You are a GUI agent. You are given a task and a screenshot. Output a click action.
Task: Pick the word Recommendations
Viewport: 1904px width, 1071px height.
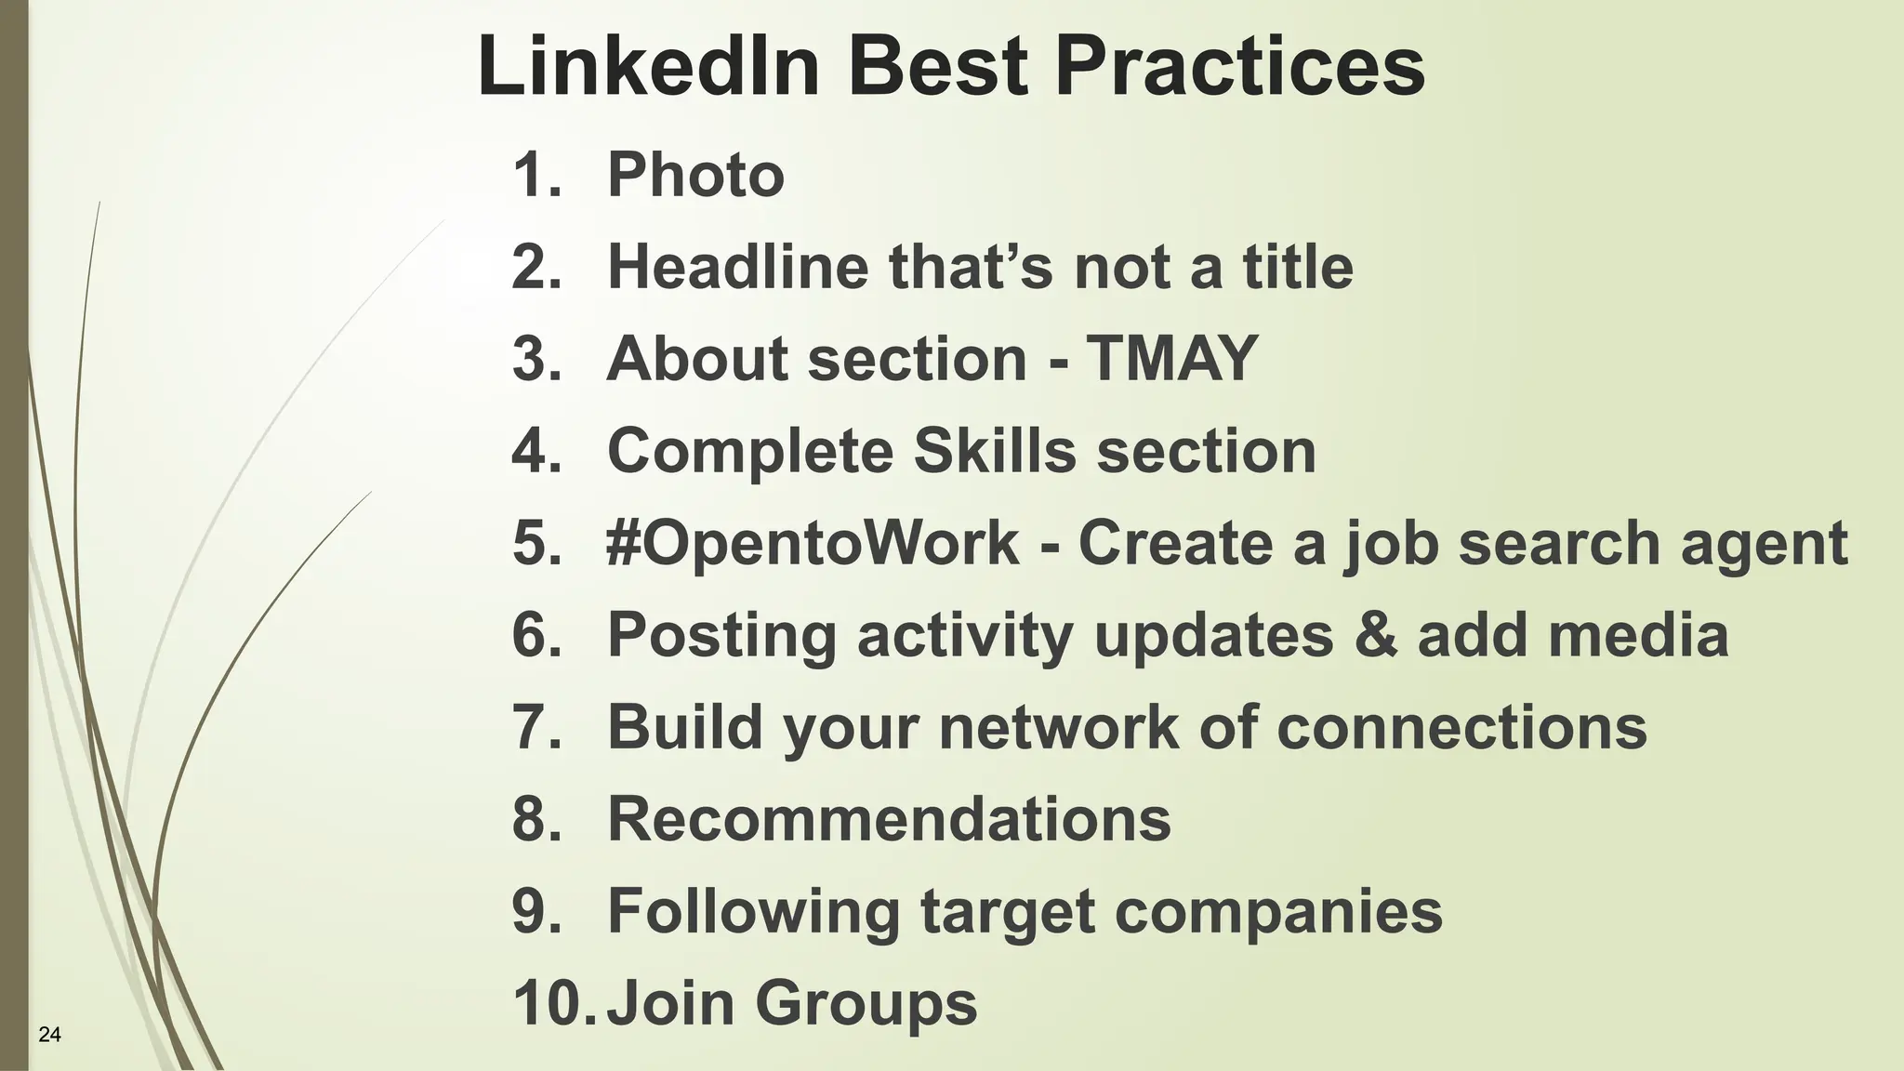(x=889, y=818)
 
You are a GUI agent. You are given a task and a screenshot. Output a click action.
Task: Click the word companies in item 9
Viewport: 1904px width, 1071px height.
(x=1278, y=911)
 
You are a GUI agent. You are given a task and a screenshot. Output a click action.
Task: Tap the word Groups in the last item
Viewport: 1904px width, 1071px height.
(x=866, y=1002)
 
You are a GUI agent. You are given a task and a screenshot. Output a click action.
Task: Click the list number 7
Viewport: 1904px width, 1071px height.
(x=536, y=726)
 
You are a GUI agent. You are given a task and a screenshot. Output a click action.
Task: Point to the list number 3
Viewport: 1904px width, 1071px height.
(x=536, y=358)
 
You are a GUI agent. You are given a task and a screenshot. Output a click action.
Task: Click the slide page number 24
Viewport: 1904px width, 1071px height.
(x=50, y=1034)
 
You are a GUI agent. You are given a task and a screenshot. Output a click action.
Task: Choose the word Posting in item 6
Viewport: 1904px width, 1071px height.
(x=721, y=636)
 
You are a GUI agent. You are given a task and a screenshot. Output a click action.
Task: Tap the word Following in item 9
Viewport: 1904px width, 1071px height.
(x=753, y=911)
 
